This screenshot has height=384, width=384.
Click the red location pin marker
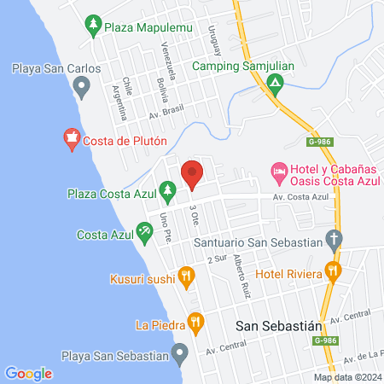(192, 173)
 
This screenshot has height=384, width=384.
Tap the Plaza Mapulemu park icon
(94, 27)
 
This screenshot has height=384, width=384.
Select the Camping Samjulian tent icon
(275, 84)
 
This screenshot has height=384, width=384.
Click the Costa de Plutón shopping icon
(72, 137)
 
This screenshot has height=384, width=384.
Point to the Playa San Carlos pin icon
(82, 84)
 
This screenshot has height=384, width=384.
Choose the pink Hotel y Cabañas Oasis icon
(278, 172)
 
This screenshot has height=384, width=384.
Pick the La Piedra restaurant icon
(196, 323)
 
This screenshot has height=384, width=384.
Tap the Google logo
(28, 373)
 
